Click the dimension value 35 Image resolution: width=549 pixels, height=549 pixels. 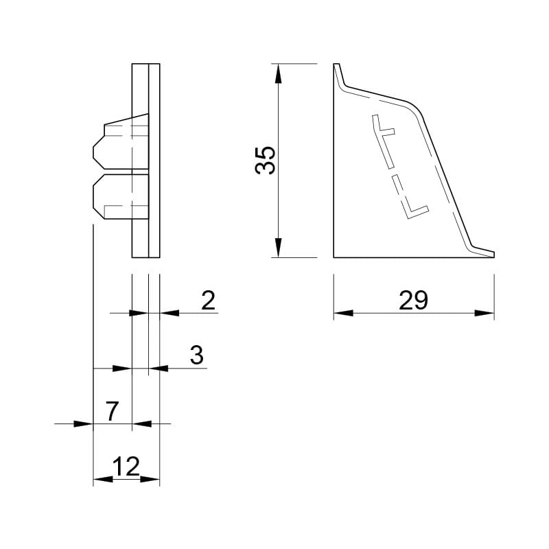click(265, 161)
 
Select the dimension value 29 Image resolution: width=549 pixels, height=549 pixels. click(413, 301)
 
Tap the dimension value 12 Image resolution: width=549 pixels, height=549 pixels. click(126, 467)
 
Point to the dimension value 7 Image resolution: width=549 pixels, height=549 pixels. click(112, 411)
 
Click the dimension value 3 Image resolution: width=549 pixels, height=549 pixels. click(197, 355)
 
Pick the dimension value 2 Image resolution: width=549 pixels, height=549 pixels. click(208, 300)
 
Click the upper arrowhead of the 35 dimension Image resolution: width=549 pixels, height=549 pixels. click(278, 73)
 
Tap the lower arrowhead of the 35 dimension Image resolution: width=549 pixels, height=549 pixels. click(278, 248)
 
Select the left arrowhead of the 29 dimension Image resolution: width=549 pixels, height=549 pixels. click(344, 313)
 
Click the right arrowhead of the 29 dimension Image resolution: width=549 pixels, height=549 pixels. click(484, 313)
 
